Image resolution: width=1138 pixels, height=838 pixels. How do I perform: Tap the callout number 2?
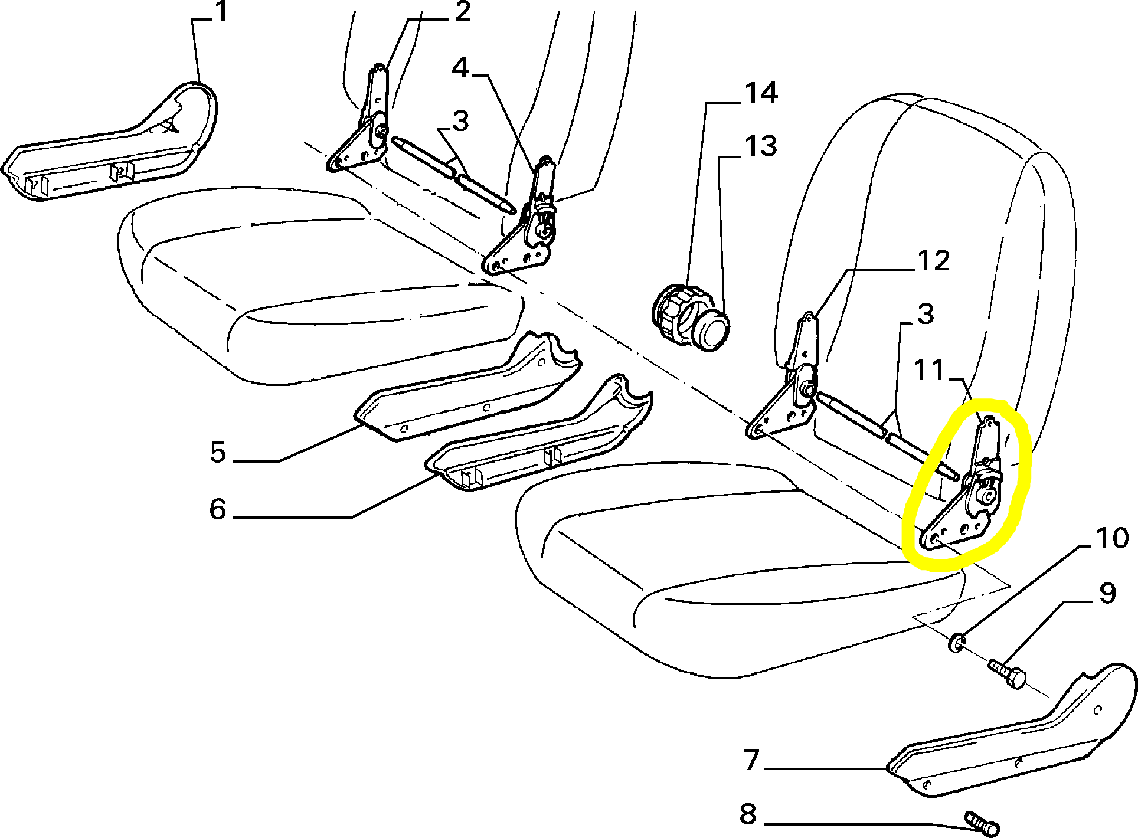pos(462,12)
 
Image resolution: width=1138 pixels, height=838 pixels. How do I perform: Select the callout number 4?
pos(460,68)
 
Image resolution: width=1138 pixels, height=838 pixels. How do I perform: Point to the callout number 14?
pos(761,93)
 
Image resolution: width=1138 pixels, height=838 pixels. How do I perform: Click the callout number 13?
pos(760,146)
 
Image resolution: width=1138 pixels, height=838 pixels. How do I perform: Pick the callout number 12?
pos(933,261)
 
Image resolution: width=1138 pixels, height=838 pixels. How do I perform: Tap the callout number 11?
pos(929,371)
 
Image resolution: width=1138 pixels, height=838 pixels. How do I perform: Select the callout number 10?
pos(1112,538)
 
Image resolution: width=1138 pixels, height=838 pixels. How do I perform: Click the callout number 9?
pos(1107,593)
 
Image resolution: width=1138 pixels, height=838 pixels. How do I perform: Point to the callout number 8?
pos(748,814)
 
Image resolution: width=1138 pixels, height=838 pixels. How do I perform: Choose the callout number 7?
pos(751,760)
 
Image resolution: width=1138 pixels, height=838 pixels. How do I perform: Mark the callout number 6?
pos(218,509)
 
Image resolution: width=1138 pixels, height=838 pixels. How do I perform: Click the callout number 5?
pos(218,453)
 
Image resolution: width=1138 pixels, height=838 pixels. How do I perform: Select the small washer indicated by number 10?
pos(957,642)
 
